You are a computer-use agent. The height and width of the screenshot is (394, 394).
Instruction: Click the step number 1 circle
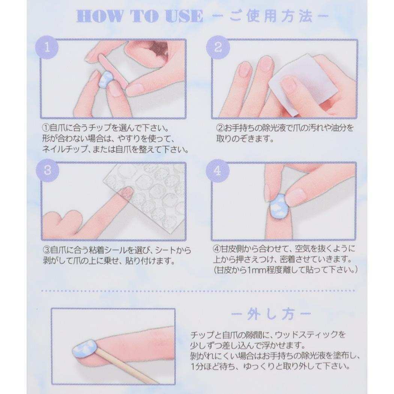[x=47, y=48]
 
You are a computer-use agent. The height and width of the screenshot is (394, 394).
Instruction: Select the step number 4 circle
[x=218, y=171]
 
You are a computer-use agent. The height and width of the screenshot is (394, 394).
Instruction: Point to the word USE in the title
[x=184, y=16]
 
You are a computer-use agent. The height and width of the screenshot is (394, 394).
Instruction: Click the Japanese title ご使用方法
[x=271, y=16]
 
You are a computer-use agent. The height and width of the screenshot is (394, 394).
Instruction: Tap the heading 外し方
[x=271, y=314]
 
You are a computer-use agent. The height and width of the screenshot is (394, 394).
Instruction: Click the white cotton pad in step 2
[x=289, y=86]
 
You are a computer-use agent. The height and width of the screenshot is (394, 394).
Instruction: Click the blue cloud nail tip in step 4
[x=280, y=206]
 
